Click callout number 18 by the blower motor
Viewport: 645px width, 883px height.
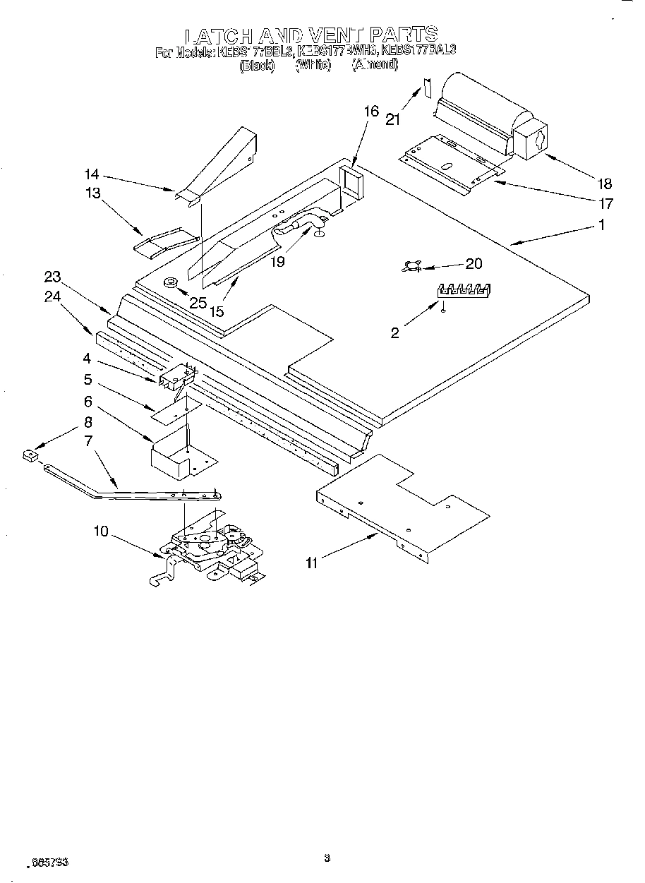click(605, 184)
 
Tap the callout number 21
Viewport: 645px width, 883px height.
click(393, 119)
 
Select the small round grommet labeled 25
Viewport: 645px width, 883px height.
click(171, 283)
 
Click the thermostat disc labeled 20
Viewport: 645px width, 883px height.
click(411, 266)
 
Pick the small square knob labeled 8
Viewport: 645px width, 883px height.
click(30, 457)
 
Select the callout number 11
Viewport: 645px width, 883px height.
click(311, 562)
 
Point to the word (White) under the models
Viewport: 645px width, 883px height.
click(313, 65)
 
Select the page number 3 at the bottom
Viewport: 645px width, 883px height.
click(327, 859)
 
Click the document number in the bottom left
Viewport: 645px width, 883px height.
click(48, 863)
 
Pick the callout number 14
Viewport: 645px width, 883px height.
click(92, 174)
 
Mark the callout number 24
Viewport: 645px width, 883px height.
click(52, 297)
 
